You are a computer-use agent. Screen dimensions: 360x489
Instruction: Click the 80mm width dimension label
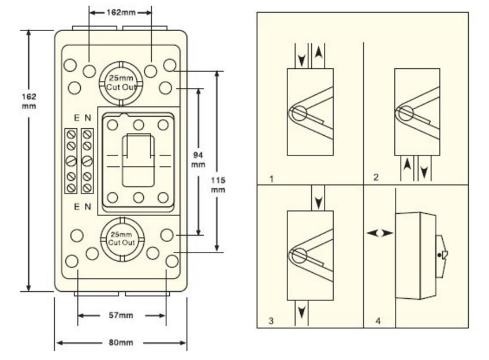pyautogui.click(x=121, y=343)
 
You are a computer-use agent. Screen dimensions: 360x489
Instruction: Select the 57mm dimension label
pyautogui.click(x=121, y=316)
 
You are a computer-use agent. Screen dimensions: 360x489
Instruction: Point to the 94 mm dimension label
pyautogui.click(x=198, y=159)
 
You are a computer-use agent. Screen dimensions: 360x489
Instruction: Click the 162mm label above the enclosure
pyautogui.click(x=121, y=12)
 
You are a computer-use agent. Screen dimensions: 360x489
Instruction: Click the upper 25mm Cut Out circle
pyautogui.click(x=121, y=84)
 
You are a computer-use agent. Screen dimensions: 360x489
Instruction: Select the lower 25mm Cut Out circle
pyautogui.click(x=121, y=237)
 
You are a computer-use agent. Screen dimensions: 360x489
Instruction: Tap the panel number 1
pyautogui.click(x=271, y=178)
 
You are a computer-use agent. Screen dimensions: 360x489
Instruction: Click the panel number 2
pyautogui.click(x=376, y=178)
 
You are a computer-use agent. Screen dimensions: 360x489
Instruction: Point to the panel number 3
pyautogui.click(x=271, y=321)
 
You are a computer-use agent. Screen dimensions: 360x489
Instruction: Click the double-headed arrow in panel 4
pyautogui.click(x=380, y=233)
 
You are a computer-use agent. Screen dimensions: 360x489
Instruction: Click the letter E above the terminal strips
pyautogui.click(x=76, y=118)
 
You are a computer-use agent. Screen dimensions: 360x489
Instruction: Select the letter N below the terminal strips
pyautogui.click(x=88, y=206)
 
